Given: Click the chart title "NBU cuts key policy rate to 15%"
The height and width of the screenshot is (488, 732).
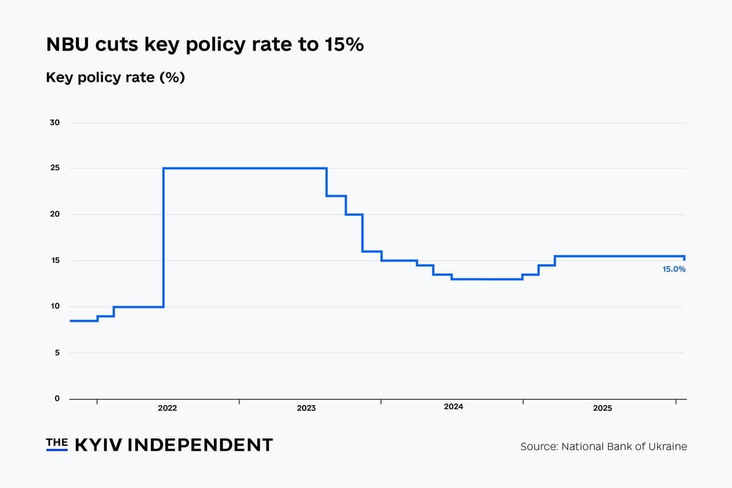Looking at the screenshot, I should (205, 44).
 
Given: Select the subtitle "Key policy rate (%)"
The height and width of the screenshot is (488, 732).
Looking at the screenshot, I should (115, 77).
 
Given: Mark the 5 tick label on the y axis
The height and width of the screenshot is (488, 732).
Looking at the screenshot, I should (57, 353).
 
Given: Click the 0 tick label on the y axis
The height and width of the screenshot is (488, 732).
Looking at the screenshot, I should (57, 399).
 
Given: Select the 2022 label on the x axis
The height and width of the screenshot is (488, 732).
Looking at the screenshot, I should (167, 408).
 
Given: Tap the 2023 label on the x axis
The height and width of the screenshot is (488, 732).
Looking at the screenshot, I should (306, 408).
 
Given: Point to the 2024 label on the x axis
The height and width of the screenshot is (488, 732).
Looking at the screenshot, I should (453, 407).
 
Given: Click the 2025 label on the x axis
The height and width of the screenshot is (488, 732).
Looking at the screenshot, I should (602, 408).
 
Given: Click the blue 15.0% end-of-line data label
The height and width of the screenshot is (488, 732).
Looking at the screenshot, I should (674, 269).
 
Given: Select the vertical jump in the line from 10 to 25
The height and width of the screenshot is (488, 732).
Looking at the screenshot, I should (164, 237).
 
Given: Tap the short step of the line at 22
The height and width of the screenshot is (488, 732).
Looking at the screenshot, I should (336, 196).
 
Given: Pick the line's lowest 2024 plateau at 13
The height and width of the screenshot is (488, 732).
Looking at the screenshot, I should (486, 279).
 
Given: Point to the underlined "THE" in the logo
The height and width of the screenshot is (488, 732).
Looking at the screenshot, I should (57, 443).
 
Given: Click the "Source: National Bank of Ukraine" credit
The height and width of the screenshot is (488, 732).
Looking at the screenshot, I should (603, 446).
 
